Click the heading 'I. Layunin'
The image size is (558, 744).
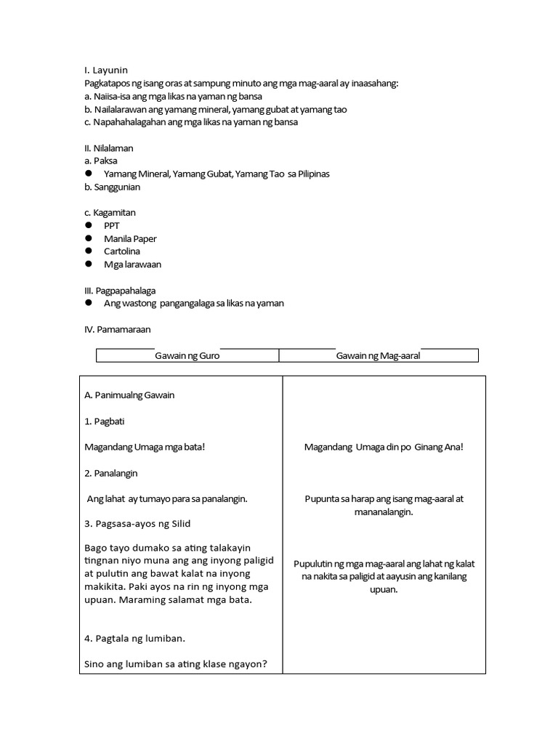pyautogui.click(x=106, y=70)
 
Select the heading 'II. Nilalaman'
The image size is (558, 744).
pyautogui.click(x=109, y=148)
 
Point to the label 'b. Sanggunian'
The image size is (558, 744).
pyautogui.click(x=113, y=187)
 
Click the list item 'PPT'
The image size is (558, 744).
pyautogui.click(x=112, y=226)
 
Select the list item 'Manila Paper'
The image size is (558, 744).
pyautogui.click(x=130, y=239)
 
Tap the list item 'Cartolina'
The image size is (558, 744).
pyautogui.click(x=122, y=251)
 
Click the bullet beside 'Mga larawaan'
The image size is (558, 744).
pyautogui.click(x=88, y=264)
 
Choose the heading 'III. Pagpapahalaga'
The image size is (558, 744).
pyautogui.click(x=120, y=291)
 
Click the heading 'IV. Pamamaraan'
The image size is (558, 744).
pyautogui.click(x=118, y=329)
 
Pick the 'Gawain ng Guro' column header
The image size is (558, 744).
pyautogui.click(x=187, y=356)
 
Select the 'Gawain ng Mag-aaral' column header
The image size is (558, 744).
pyautogui.click(x=378, y=356)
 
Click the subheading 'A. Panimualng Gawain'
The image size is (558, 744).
pyautogui.click(x=130, y=395)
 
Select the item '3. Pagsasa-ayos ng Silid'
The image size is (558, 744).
pyautogui.click(x=137, y=524)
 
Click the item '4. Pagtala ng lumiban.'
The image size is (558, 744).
pyautogui.click(x=135, y=639)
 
